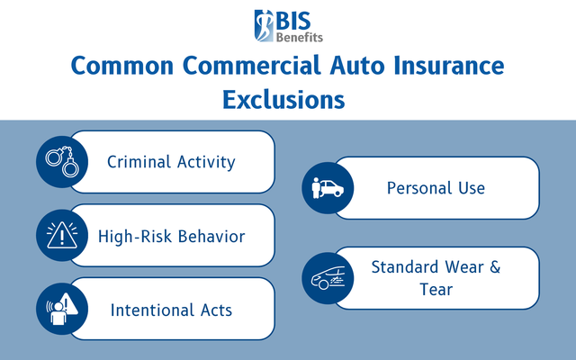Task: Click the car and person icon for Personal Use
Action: [328, 188]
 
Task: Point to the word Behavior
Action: [212, 237]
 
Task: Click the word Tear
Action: [436, 290]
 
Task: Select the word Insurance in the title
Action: [441, 67]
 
